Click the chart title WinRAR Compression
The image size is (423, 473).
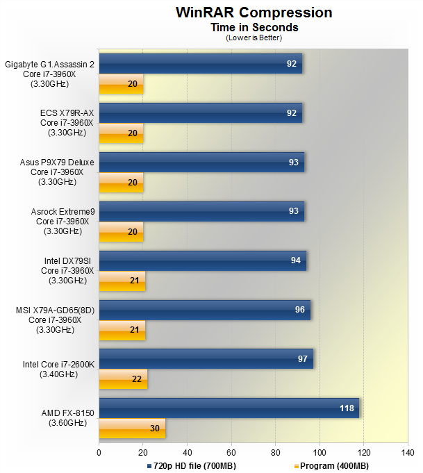(254, 13)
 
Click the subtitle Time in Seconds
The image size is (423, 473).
(254, 27)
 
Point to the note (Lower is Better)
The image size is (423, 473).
(254, 38)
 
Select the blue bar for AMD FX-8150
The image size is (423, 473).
(229, 408)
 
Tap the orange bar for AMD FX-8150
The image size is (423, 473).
(132, 429)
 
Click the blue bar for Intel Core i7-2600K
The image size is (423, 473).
(206, 358)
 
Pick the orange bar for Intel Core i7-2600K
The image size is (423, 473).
(123, 380)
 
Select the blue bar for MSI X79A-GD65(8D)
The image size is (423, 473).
(204, 309)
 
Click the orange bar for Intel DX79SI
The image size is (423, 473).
(122, 281)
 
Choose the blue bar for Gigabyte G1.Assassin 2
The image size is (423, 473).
(200, 64)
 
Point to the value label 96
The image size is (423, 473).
(300, 309)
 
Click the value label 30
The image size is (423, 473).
(156, 429)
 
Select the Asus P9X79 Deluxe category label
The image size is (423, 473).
(57, 172)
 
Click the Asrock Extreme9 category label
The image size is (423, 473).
(59, 221)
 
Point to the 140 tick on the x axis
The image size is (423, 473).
(407, 452)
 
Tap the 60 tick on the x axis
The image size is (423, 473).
(231, 452)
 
